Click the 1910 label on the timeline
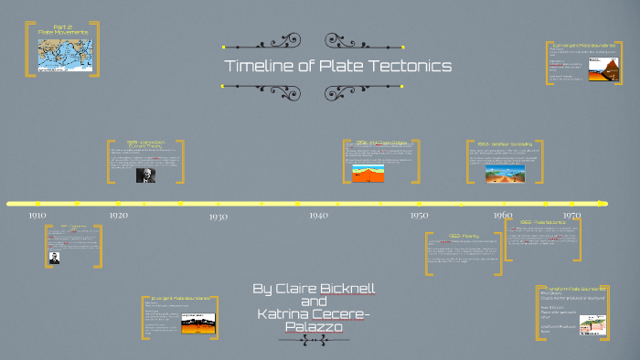37,215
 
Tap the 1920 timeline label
119,215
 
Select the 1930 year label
218,217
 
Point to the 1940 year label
318,215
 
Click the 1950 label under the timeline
419,215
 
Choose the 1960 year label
503,215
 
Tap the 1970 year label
571,215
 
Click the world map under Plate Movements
64,54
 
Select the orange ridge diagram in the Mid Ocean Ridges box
375,174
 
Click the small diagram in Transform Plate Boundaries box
592,326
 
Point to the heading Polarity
446,236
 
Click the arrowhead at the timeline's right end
602,203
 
